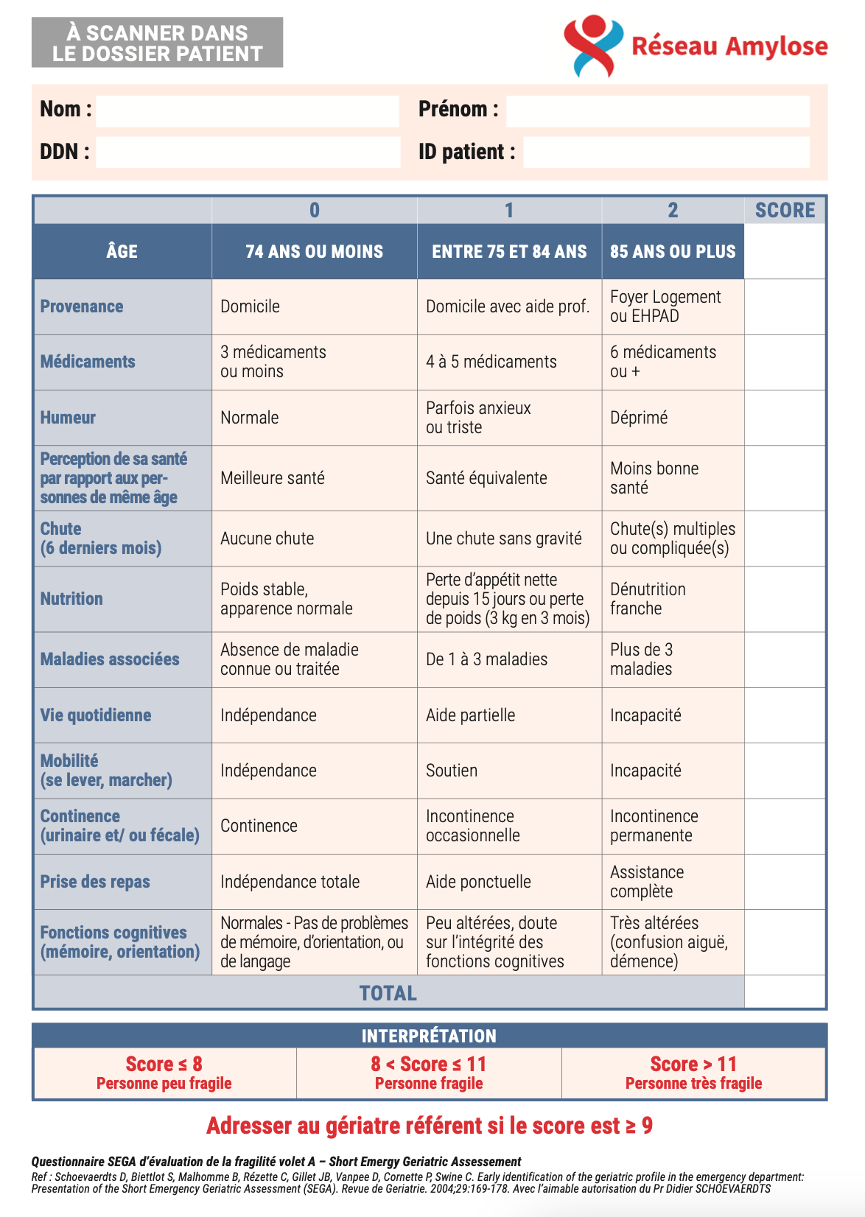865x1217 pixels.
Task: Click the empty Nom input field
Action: tap(248, 111)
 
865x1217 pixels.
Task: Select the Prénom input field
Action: tap(657, 111)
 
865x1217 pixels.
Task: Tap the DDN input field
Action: tap(248, 152)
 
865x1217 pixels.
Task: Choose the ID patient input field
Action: tap(666, 152)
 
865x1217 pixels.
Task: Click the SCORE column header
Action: tap(785, 211)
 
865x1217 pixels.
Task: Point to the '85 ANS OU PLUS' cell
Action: tap(673, 252)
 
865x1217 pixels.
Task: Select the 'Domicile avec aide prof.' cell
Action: tap(508, 306)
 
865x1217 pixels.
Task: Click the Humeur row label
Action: tap(69, 418)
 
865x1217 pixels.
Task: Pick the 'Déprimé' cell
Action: tap(639, 418)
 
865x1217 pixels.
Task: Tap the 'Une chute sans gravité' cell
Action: tap(504, 539)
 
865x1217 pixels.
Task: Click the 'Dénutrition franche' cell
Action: tap(648, 599)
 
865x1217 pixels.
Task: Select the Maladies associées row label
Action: tap(110, 659)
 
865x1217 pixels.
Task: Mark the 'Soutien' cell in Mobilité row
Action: tap(452, 771)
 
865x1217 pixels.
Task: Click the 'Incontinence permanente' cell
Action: tap(654, 826)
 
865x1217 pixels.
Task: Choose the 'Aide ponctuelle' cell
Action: tap(478, 882)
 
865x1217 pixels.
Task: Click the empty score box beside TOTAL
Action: tap(785, 992)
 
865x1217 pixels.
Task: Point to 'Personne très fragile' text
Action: tap(693, 1083)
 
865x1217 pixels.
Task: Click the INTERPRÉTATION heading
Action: tap(429, 1036)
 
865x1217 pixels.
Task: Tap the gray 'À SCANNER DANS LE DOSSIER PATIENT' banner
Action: tap(157, 43)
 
